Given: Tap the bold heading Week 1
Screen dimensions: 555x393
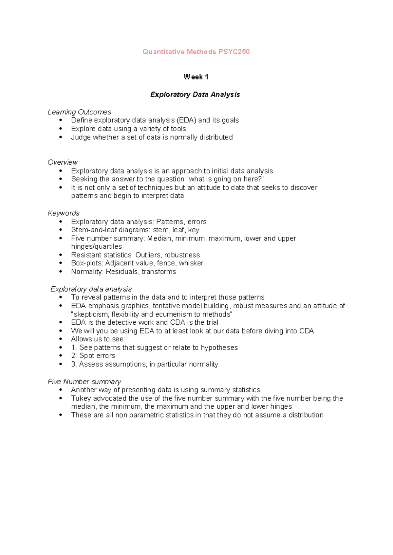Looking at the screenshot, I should [196, 77].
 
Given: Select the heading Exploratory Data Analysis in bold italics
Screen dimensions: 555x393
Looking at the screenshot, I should [195, 95].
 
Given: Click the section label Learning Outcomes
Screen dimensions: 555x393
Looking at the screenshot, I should [79, 112].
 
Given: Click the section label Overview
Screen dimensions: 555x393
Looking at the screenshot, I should [63, 162].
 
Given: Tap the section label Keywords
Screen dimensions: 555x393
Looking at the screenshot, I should [64, 213].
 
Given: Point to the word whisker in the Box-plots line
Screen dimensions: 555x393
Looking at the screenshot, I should [191, 263].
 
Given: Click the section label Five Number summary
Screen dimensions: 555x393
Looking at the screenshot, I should [84, 382].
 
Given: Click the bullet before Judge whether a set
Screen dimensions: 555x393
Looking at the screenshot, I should [61, 137].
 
